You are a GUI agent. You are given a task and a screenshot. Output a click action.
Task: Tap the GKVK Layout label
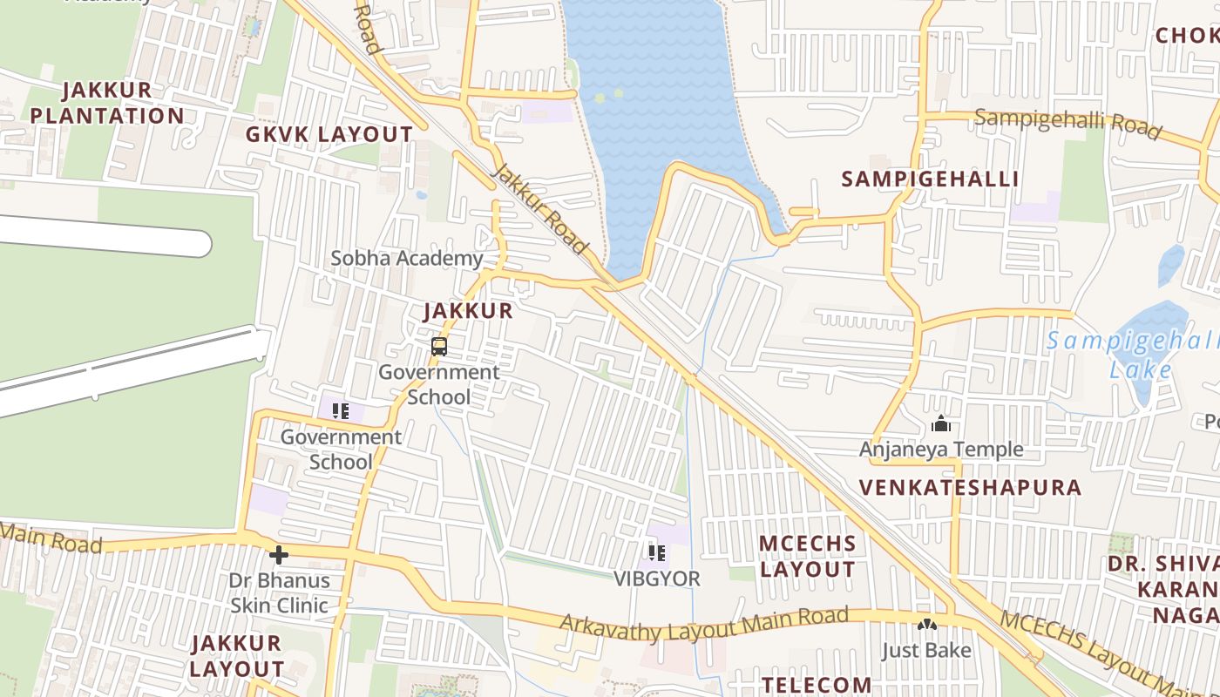click(x=329, y=134)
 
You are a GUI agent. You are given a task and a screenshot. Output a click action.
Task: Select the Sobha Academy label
click(x=406, y=258)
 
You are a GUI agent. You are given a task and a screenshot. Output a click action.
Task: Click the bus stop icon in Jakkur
click(x=439, y=347)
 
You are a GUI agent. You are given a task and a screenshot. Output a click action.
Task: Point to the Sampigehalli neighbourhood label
click(x=930, y=179)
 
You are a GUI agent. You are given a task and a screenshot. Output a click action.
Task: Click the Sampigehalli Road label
click(x=1067, y=124)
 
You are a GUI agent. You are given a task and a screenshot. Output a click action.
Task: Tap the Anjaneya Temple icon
click(x=941, y=424)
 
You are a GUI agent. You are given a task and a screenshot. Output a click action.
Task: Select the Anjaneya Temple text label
click(x=941, y=450)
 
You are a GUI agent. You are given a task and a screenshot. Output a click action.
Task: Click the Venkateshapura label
click(x=970, y=487)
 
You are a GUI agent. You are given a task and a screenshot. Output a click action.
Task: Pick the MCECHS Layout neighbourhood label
click(x=808, y=556)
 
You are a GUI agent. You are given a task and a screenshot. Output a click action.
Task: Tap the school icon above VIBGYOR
click(x=657, y=552)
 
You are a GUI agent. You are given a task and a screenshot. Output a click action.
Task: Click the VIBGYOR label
click(x=657, y=579)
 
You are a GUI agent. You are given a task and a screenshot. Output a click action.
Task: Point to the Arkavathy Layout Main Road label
click(x=703, y=622)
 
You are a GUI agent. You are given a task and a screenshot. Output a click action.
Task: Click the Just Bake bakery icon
click(x=926, y=625)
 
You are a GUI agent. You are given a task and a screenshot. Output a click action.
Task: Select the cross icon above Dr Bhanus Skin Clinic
click(x=279, y=554)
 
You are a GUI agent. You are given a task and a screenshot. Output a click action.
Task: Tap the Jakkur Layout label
click(x=237, y=656)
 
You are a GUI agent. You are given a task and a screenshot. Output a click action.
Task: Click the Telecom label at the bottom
click(x=816, y=685)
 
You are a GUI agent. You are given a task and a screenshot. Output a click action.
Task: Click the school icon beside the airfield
click(x=340, y=410)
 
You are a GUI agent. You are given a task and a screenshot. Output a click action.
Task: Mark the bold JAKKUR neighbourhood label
click(x=468, y=311)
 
